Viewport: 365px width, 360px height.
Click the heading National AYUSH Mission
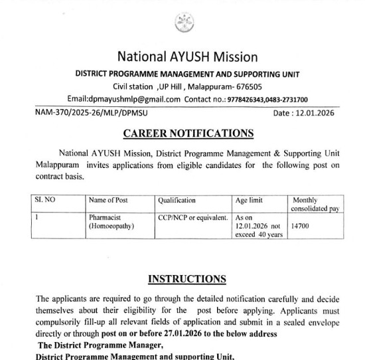pyautogui.click(x=187, y=56)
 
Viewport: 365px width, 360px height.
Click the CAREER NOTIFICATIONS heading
pyautogui.click(x=188, y=134)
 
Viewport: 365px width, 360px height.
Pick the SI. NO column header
pyautogui.click(x=46, y=200)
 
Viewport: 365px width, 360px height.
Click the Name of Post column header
pyautogui.click(x=109, y=200)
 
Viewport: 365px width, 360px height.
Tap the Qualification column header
pyautogui.click(x=177, y=200)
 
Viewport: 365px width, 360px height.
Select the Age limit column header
pyautogui.click(x=250, y=200)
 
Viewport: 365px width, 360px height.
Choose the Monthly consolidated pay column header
pyautogui.click(x=315, y=205)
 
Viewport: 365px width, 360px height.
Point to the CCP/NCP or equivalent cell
pyautogui.click(x=193, y=217)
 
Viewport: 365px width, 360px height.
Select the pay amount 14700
pyautogui.click(x=301, y=226)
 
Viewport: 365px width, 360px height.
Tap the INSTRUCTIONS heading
pyautogui.click(x=186, y=279)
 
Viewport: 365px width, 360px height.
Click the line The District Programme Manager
pyautogui.click(x=102, y=345)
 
